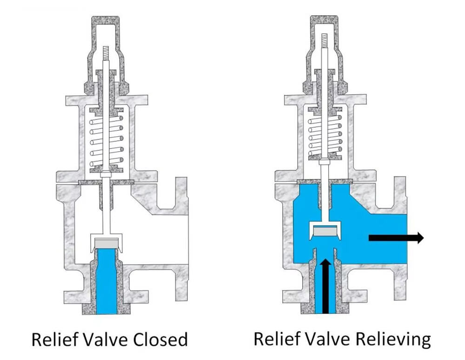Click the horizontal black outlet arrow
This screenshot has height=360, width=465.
pos(396,238)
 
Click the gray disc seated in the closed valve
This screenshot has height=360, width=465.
pos(107,243)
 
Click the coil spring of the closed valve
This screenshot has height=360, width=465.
pos(107,142)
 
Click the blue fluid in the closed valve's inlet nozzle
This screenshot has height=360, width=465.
pos(107,283)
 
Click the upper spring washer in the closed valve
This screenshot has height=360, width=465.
pos(107,112)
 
